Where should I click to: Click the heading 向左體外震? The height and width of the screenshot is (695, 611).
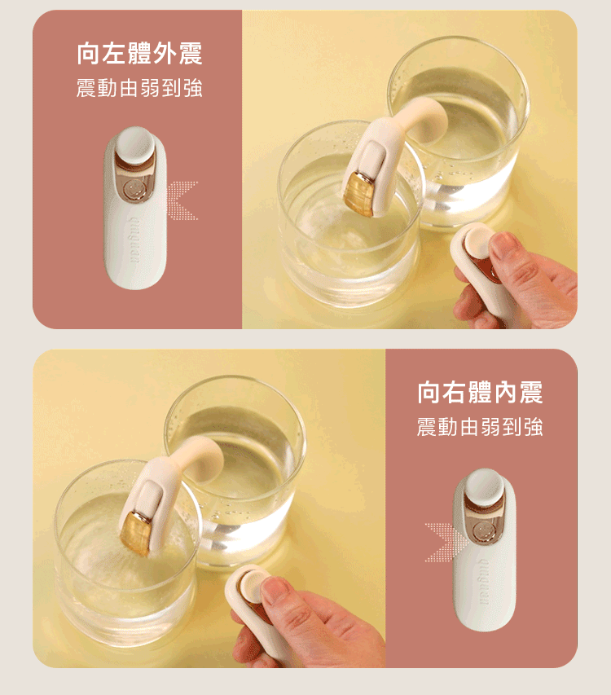coord(139,55)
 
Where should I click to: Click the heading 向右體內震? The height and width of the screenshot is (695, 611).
coord(480,393)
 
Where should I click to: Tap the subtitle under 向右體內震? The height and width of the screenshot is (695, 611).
coord(480,426)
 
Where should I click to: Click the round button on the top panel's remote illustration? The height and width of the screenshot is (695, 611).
coord(134,147)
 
